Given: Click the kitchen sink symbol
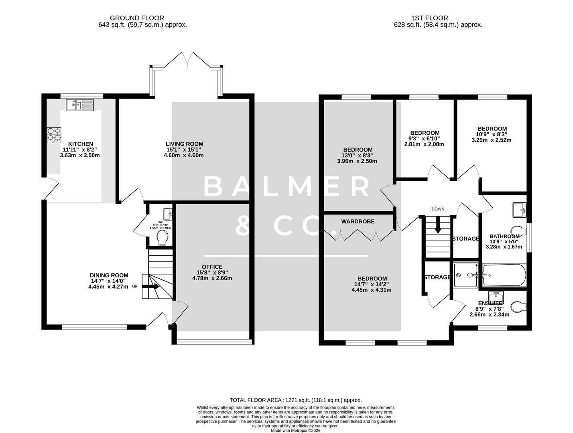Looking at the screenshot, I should pos(79,105).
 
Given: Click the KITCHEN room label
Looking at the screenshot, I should pos(80,144).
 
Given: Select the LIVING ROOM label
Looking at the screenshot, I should pos(184,144).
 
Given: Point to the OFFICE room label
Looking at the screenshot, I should pos(212,267).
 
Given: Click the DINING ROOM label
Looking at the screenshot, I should pos(109,275).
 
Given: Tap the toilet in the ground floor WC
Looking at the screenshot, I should pos(163,239).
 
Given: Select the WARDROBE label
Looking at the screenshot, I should pos(358,221).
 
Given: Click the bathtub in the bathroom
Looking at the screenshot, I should pos(504,275).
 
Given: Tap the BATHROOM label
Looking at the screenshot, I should pos(504,237).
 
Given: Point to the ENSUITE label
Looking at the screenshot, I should pos(490,303).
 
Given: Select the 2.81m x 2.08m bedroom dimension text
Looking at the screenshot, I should pos(424,144).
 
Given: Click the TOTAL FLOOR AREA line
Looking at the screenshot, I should pos(295,400).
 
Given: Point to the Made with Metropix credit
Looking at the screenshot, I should pos(295,431).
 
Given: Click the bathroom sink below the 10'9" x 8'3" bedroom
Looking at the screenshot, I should pos(519,210).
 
